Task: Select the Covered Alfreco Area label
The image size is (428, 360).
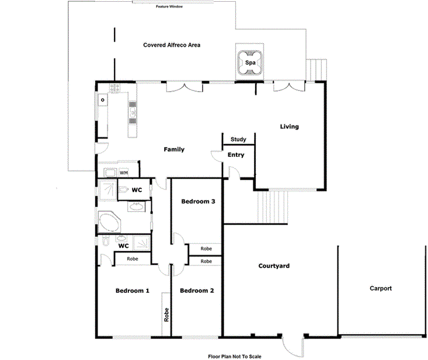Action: point(172,45)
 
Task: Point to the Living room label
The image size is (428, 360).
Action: point(289,127)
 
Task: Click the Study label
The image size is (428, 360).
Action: point(238,139)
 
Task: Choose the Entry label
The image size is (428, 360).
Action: point(236,155)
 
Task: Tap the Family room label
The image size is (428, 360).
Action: point(173,150)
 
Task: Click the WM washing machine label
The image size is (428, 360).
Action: point(124,173)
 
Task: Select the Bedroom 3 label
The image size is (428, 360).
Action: point(199,202)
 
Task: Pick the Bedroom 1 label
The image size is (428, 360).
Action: point(132,291)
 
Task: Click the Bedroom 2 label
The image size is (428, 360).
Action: point(197,291)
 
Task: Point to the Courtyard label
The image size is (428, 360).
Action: point(274,266)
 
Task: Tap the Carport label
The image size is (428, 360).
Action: point(380,288)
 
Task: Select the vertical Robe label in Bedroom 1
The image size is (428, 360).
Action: point(166,315)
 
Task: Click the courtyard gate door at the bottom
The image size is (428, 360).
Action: point(291,345)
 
